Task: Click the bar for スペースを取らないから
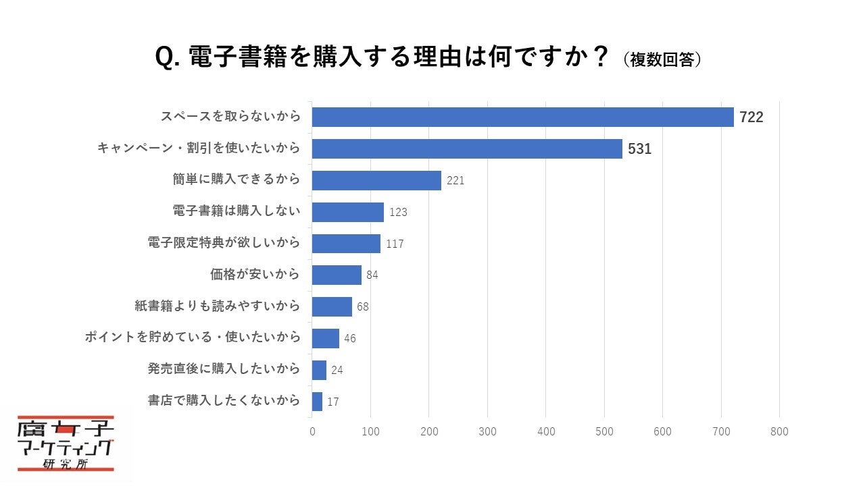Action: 522,117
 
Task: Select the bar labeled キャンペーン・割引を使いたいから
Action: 467,148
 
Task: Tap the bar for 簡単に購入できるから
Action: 376,180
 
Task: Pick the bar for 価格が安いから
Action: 337,275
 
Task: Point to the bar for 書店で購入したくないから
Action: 317,401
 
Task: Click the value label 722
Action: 751,117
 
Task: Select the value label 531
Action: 639,149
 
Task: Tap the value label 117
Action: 395,244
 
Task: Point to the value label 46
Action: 349,338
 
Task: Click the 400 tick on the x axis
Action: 545,432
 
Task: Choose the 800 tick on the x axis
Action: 779,432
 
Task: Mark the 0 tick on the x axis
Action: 312,432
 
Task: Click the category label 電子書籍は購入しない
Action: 236,211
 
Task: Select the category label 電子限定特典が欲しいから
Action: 223,243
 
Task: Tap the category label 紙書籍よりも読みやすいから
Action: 217,306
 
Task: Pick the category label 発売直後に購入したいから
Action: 223,369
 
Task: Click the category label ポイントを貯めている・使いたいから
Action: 192,337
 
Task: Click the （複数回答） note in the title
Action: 662,59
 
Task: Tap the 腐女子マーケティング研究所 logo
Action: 66,443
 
